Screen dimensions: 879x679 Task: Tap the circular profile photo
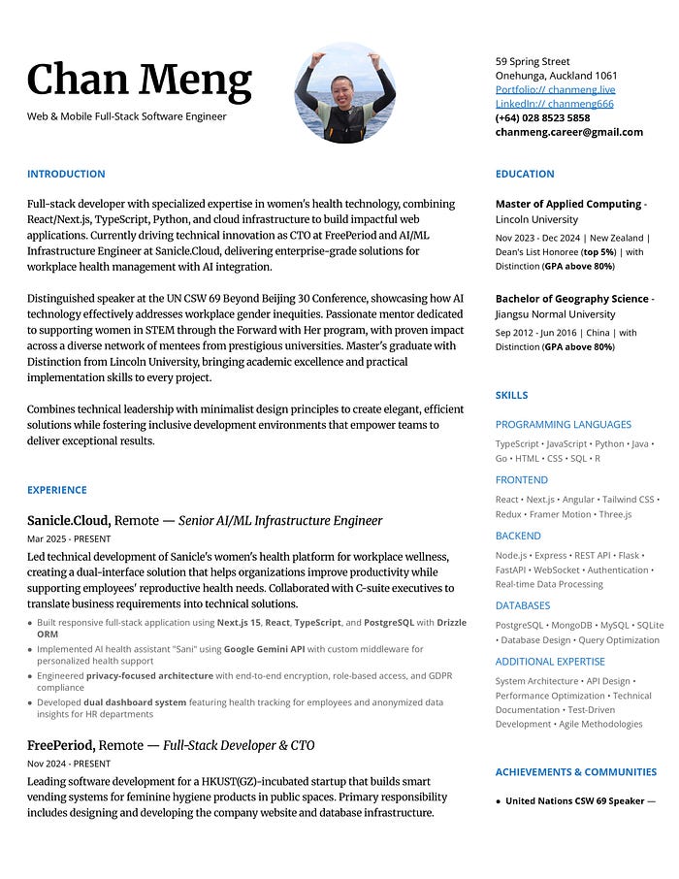coord(344,92)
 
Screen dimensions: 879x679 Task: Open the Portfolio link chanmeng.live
coord(555,89)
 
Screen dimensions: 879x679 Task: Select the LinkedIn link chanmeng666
coord(554,104)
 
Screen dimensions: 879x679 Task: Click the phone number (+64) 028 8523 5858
coord(542,117)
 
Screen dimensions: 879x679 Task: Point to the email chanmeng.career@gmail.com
coord(568,132)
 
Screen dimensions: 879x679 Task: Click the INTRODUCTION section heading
coord(66,175)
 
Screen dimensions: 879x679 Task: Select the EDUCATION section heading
coord(525,175)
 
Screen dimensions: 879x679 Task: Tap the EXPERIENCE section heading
coord(57,491)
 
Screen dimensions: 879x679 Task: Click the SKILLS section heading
coord(511,396)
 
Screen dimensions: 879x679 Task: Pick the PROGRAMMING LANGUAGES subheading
coord(563,425)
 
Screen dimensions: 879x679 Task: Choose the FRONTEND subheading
coord(521,480)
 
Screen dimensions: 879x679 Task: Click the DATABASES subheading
coord(523,605)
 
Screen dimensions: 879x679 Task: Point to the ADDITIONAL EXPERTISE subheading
coord(550,662)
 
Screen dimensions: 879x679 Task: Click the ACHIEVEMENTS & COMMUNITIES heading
coord(575,772)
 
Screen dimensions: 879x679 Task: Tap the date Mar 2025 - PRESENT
coord(69,539)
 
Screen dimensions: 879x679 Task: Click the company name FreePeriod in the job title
coord(60,746)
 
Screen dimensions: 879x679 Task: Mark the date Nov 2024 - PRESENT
coord(69,765)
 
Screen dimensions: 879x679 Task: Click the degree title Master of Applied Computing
coord(567,205)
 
